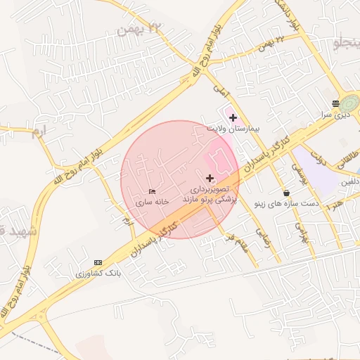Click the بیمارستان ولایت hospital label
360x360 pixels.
click(x=233, y=129)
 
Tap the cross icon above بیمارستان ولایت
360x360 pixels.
click(x=233, y=117)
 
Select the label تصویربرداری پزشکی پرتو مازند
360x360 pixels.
click(x=210, y=195)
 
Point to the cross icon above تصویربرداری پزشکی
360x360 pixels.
click(x=210, y=179)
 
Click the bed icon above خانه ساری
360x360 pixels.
click(x=153, y=191)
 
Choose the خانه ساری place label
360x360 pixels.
click(x=153, y=202)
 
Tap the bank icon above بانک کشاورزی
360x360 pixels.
click(x=98, y=262)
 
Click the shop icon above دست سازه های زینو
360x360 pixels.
click(x=286, y=193)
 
